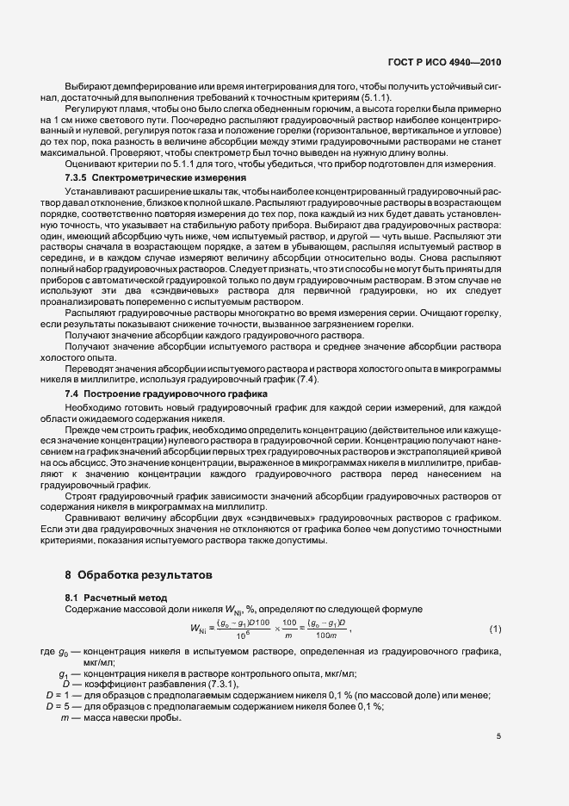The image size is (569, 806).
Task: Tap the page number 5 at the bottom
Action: [498, 735]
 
